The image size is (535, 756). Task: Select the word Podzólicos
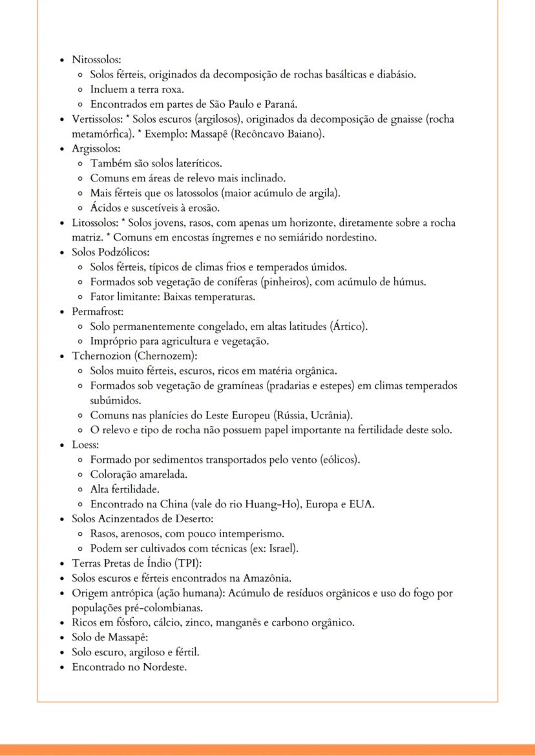(125, 252)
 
